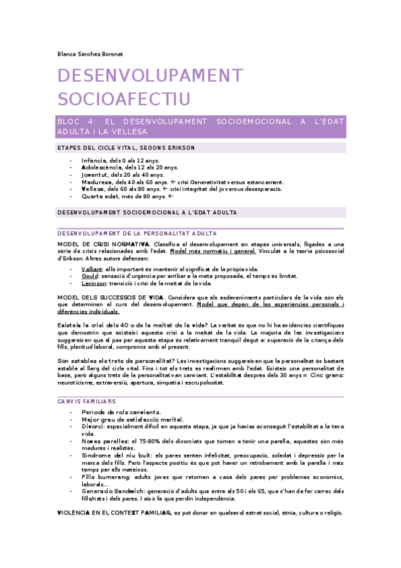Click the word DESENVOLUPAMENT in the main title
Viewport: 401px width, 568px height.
pyautogui.click(x=149, y=76)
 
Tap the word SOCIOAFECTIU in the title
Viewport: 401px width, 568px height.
pyautogui.click(x=124, y=99)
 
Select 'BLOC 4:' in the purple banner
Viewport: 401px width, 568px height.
pyautogui.click(x=78, y=122)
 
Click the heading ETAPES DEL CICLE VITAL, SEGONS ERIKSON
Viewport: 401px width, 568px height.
pyautogui.click(x=127, y=148)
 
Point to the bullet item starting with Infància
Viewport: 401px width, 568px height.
pyautogui.click(x=120, y=161)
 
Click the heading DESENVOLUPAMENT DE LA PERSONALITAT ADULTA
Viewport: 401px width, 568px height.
pyautogui.click(x=137, y=233)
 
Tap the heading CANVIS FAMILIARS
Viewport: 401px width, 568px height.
pyautogui.click(x=87, y=401)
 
